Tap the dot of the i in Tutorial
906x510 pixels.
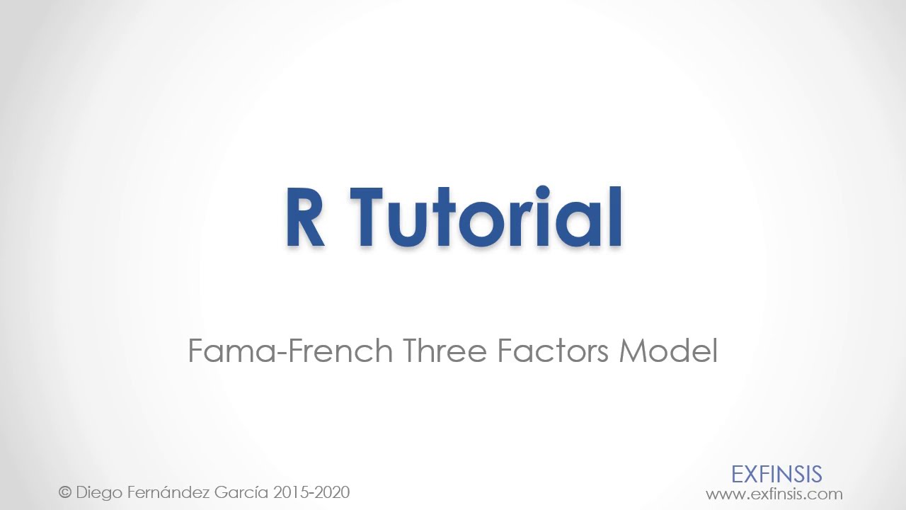[x=543, y=193]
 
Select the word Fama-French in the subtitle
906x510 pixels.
[x=290, y=351]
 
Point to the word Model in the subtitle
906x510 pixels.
[x=668, y=351]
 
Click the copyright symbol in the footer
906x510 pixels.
[x=65, y=492]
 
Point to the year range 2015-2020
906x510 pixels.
[x=311, y=492]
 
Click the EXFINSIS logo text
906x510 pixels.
[x=776, y=474]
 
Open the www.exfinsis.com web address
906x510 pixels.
[x=774, y=494]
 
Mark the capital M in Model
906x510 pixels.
[x=632, y=351]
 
